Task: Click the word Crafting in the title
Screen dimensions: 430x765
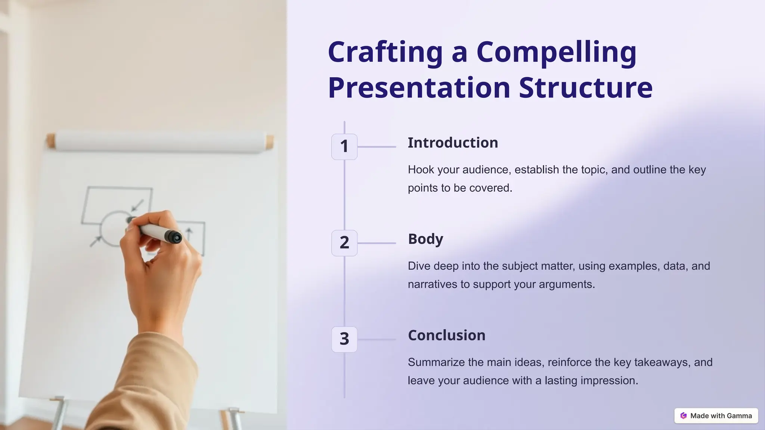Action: click(385, 52)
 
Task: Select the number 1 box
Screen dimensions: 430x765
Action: click(344, 147)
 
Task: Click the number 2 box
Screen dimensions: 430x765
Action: click(344, 243)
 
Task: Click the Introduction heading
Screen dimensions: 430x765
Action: click(453, 143)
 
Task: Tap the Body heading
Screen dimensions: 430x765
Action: click(425, 239)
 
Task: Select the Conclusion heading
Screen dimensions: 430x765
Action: click(446, 336)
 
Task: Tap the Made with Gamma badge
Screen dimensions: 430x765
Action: click(716, 416)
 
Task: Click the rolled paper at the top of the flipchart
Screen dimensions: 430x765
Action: click(161, 142)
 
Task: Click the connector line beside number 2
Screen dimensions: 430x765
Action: click(377, 243)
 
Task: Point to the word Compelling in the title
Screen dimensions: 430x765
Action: click(556, 52)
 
